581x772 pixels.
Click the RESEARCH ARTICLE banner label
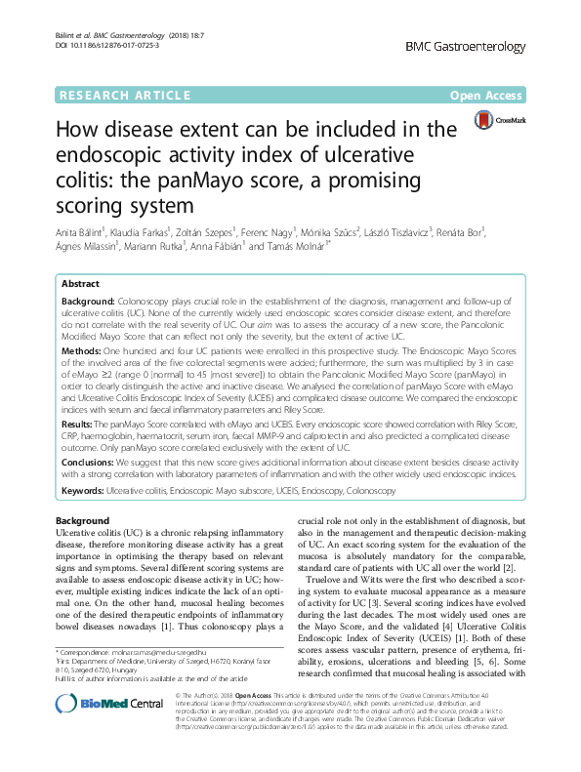click(122, 96)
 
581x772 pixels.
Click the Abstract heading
click(81, 282)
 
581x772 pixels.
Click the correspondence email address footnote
click(176, 650)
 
